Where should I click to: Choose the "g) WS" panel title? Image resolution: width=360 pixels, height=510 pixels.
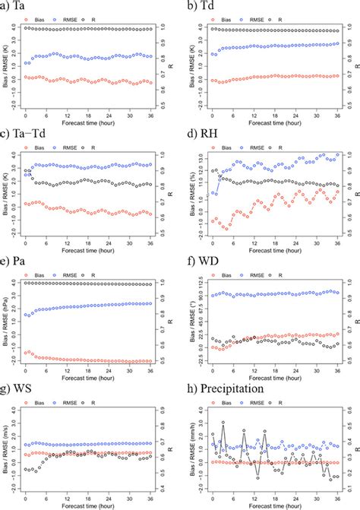[17, 392]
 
